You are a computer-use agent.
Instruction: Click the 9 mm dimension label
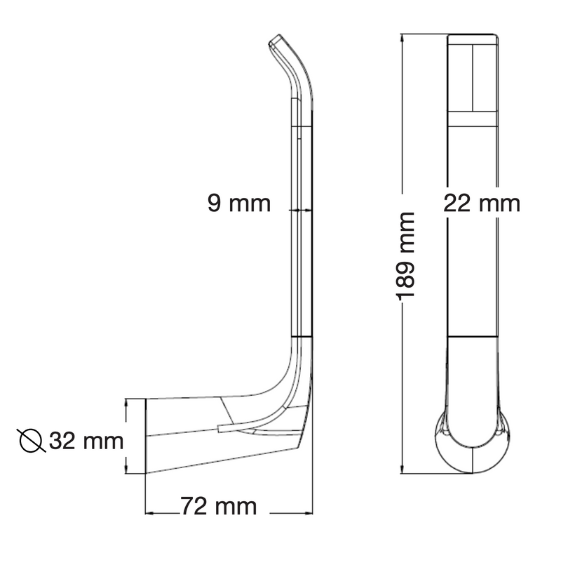pos(239,203)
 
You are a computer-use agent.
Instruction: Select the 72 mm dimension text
pos(219,506)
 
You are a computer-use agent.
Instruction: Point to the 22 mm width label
pos(482,203)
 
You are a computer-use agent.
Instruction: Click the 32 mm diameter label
pos(86,441)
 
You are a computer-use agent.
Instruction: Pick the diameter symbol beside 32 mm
pos(31,441)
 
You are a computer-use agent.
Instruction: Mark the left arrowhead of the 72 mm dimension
pos(149,513)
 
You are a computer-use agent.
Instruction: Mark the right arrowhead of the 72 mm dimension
pos(309,513)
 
